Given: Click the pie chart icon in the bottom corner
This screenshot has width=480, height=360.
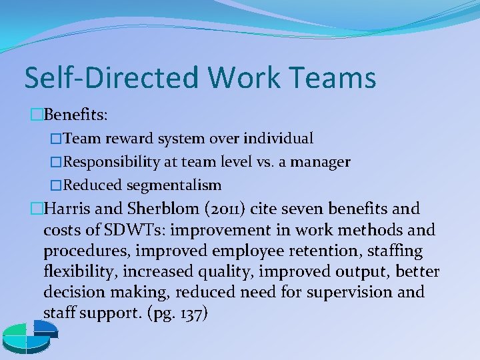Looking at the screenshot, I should point(29,336).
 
